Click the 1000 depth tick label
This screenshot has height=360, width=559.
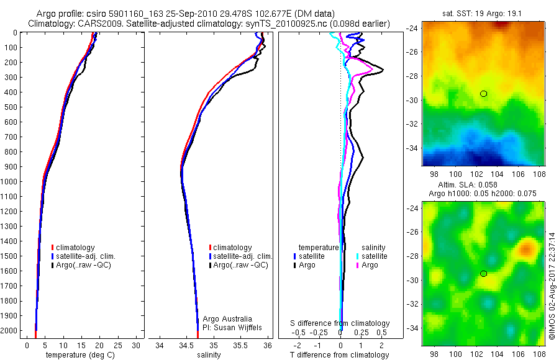point(11,181)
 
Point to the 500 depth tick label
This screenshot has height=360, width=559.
point(12,107)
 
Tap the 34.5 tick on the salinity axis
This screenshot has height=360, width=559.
point(186,344)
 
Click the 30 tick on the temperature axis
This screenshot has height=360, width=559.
point(137,344)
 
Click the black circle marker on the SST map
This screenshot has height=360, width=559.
point(483,94)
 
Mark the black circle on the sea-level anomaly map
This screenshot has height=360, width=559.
point(483,274)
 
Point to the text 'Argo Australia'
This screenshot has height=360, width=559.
point(227,318)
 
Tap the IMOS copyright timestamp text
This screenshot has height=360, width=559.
point(552,282)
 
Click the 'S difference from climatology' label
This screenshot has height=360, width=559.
point(340,323)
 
